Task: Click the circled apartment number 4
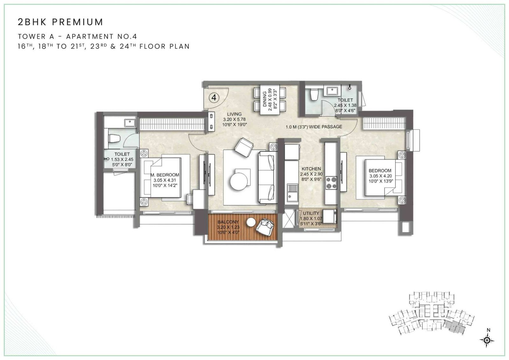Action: pyautogui.click(x=214, y=97)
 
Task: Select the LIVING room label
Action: pyautogui.click(x=234, y=114)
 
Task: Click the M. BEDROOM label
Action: pyautogui.click(x=165, y=175)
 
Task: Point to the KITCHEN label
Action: pyautogui.click(x=311, y=169)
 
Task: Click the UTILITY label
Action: pyautogui.click(x=311, y=213)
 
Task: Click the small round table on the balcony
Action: pyautogui.click(x=251, y=222)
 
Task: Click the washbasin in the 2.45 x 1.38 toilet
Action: pyautogui.click(x=332, y=90)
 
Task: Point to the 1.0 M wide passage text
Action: pyautogui.click(x=314, y=127)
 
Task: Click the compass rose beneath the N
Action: pyautogui.click(x=487, y=340)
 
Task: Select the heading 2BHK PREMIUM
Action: pyautogui.click(x=60, y=22)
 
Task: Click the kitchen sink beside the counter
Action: pyautogui.click(x=292, y=192)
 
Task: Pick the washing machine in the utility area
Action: pyautogui.click(x=330, y=216)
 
